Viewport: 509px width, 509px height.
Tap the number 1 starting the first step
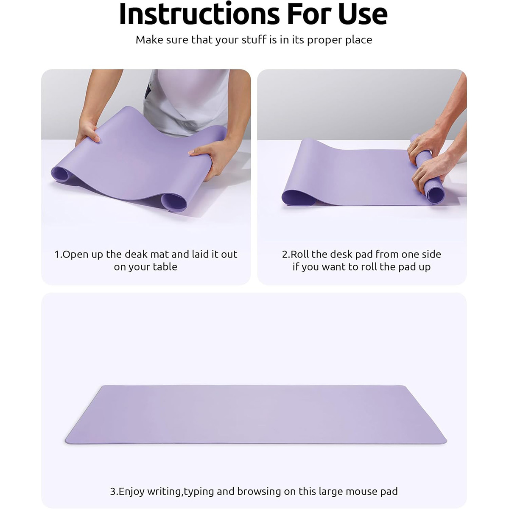[x=57, y=255]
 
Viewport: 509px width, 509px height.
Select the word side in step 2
[x=431, y=254]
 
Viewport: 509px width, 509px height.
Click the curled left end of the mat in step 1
[x=61, y=173]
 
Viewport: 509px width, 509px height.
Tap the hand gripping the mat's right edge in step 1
[x=209, y=156]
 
